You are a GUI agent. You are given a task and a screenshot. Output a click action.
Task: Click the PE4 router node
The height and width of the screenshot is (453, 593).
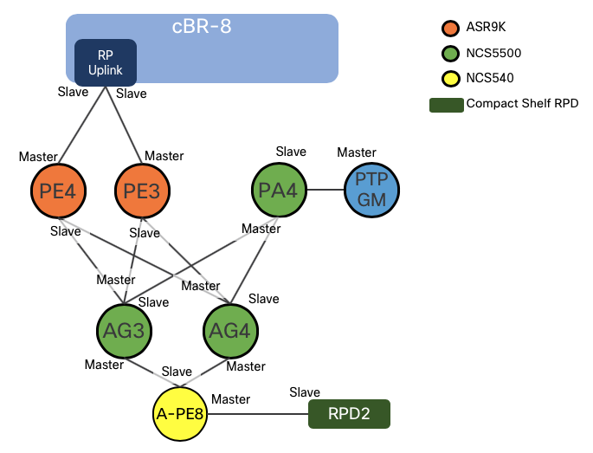[57, 191]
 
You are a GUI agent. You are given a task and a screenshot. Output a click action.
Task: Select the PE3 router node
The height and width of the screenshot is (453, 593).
[141, 191]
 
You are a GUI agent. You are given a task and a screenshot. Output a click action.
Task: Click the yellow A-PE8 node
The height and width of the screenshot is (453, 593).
[179, 413]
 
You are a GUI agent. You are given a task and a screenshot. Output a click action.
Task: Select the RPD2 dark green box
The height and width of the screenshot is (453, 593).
[349, 414]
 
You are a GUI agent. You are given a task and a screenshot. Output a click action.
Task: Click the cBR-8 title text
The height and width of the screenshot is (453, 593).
[202, 26]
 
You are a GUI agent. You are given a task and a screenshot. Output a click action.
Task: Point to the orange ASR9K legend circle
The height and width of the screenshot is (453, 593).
[448, 27]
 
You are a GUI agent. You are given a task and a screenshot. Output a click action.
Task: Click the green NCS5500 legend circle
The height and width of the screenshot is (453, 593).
[448, 53]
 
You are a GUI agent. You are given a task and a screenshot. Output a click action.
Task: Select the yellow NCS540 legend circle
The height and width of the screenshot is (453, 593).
[448, 78]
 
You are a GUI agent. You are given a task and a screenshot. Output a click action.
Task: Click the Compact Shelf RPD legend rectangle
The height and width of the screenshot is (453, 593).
[446, 104]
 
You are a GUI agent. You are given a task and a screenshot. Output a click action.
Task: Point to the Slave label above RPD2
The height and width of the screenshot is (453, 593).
[305, 392]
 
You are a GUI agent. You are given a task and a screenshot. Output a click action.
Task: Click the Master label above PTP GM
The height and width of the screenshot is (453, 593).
[357, 152]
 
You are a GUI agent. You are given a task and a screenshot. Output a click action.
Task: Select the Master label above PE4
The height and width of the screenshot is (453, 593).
[38, 156]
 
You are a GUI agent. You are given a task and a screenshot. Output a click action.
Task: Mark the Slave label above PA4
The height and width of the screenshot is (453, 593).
[291, 152]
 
